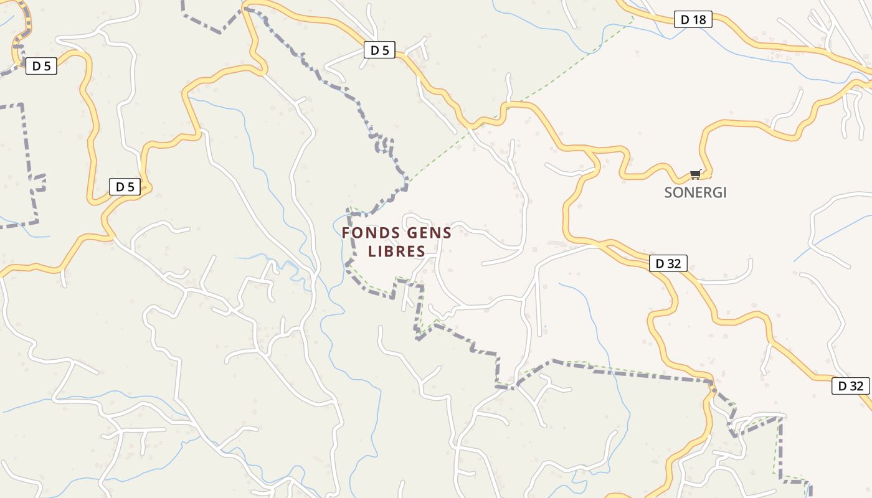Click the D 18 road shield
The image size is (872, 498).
(693, 20)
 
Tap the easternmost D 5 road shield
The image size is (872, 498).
(379, 50)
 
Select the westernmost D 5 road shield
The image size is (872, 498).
(41, 66)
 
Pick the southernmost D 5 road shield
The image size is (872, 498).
(125, 187)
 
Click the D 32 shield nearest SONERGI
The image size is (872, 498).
(668, 263)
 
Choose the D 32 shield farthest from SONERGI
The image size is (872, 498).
(850, 386)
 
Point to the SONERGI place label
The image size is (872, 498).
(695, 192)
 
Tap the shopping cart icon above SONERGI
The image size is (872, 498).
(696, 175)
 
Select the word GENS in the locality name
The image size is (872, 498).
(429, 233)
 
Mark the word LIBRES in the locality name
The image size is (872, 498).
(396, 251)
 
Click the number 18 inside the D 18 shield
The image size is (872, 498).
(699, 20)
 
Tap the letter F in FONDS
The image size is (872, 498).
(346, 233)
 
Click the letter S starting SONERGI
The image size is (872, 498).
(668, 192)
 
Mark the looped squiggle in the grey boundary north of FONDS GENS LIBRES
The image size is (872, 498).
(385, 146)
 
